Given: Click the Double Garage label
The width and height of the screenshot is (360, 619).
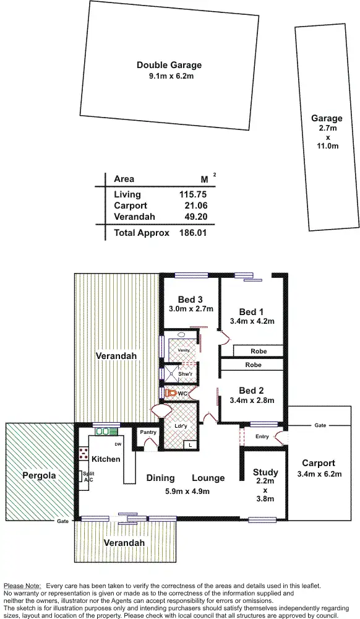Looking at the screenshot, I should (x=169, y=65).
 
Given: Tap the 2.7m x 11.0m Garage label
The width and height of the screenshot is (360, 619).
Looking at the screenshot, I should (x=327, y=118).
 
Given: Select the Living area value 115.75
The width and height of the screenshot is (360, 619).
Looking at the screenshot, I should (x=188, y=194).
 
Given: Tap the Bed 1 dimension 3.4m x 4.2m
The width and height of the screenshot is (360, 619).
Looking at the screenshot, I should (x=252, y=321).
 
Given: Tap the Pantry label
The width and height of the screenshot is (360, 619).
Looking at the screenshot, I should (x=148, y=432).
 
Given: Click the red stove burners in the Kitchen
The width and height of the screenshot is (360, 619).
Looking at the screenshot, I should (x=82, y=455).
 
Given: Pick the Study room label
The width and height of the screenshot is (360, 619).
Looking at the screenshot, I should (x=265, y=473).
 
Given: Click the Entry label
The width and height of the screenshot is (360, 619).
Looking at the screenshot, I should (x=262, y=436).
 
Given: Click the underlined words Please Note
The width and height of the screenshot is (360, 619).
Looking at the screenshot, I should (x=22, y=586).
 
